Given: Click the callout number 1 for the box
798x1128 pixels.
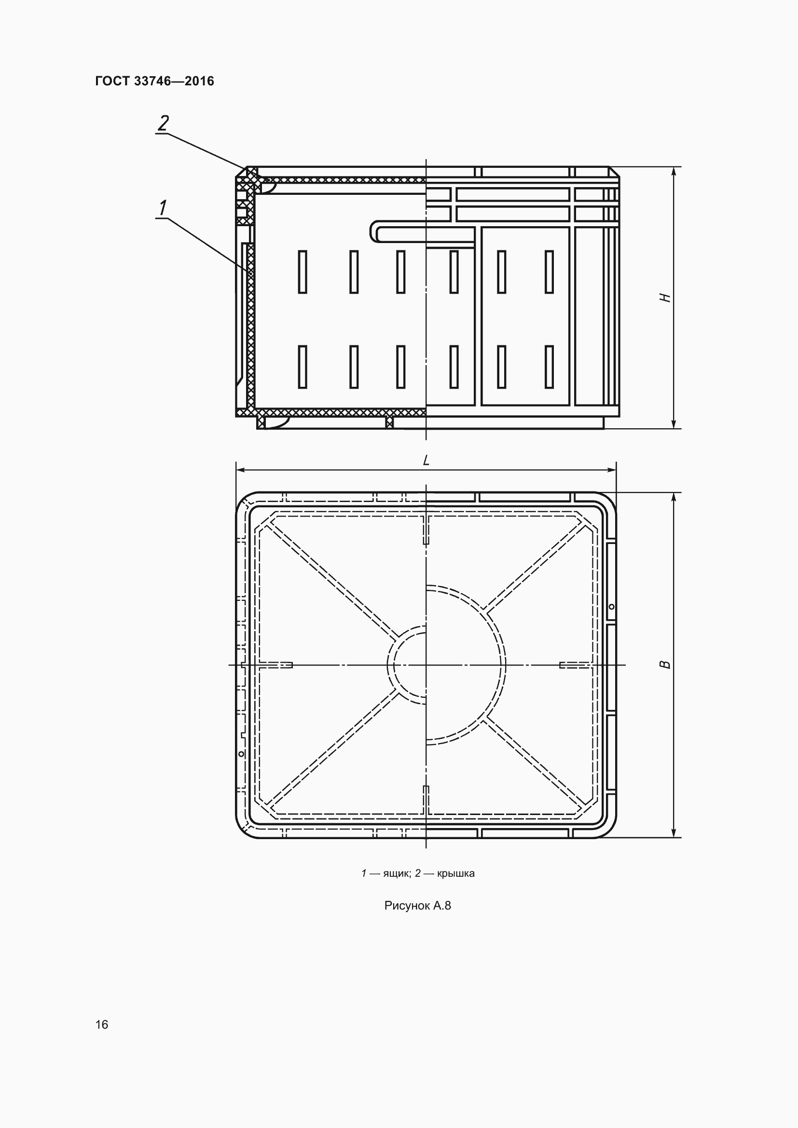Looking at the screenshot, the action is coord(163,208).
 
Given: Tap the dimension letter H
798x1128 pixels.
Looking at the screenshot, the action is coord(665,298).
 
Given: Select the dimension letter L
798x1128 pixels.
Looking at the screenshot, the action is coord(426,461).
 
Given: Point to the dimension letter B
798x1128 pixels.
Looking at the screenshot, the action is coord(665,665).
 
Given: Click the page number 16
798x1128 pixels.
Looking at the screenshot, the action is coord(102,1024).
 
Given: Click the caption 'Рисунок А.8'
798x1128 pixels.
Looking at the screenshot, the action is coord(418,906).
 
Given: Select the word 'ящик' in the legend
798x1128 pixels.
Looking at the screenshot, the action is coord(396,873).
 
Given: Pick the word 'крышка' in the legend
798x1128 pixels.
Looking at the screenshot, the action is coord(455,873).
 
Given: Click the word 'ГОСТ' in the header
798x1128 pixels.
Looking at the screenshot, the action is coord(112,81).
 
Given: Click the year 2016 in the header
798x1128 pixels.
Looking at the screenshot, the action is coord(200,81).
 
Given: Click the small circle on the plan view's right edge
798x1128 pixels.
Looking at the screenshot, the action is coord(612,607).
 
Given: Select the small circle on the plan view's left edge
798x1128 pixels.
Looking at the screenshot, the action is coord(241,754).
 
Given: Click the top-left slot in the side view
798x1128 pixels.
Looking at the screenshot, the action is coord(303,272).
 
